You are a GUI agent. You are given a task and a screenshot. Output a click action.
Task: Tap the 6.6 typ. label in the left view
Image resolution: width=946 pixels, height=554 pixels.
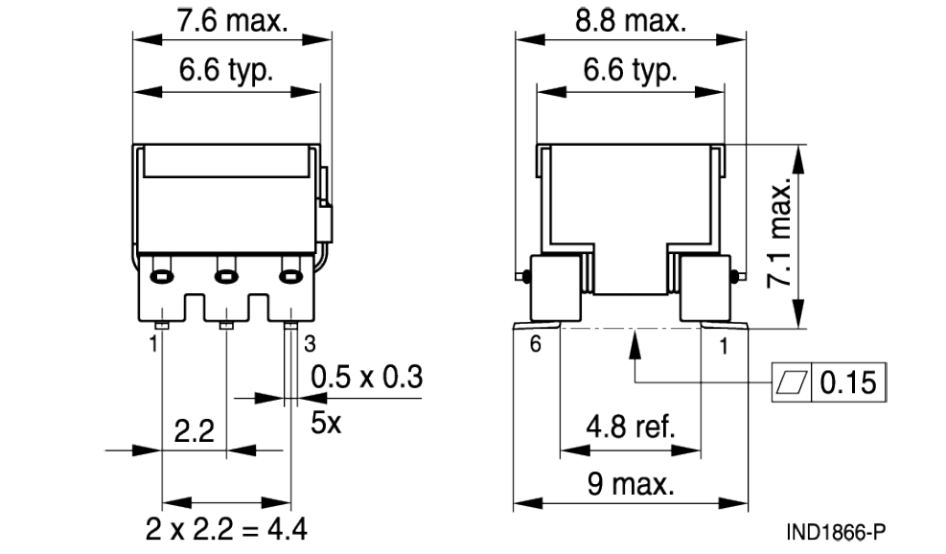click(226, 71)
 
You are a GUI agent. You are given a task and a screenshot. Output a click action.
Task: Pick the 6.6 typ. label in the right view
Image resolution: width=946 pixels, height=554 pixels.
click(629, 71)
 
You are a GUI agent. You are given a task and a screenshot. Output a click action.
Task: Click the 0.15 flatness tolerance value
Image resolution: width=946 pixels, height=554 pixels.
click(849, 382)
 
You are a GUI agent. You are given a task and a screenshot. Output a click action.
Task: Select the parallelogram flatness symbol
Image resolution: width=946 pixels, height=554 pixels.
click(793, 382)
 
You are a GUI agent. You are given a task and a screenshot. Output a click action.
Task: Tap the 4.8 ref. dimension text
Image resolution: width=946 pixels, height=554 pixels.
click(629, 427)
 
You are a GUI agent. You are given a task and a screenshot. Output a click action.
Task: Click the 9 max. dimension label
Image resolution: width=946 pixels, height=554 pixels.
click(629, 484)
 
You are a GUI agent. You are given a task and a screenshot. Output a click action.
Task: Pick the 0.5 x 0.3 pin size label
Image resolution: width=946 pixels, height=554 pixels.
click(366, 378)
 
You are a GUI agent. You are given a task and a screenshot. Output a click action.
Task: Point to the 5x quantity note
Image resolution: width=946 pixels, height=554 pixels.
click(326, 422)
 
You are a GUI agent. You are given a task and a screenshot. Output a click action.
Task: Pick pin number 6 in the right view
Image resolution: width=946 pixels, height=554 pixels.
click(536, 345)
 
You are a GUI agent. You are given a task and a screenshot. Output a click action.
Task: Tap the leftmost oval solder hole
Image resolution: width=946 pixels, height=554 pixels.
click(163, 277)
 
